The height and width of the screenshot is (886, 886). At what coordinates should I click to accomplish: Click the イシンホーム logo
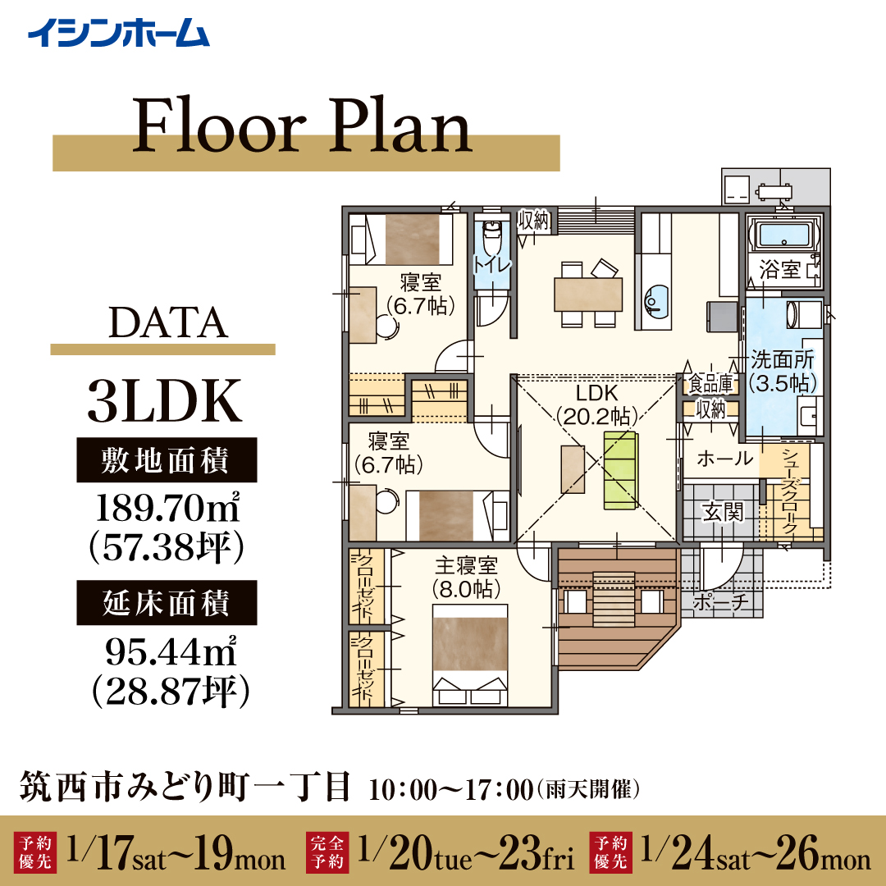tap(119, 33)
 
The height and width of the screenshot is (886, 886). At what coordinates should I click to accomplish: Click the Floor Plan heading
tap(302, 126)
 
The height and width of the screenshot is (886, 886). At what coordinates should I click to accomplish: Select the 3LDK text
tap(164, 401)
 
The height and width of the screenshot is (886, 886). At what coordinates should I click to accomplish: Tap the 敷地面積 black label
tap(167, 460)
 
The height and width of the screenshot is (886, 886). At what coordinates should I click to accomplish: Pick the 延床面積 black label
tap(167, 602)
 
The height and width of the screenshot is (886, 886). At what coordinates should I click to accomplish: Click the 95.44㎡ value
tap(171, 651)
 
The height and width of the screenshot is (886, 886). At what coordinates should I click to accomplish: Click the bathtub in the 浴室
tap(783, 235)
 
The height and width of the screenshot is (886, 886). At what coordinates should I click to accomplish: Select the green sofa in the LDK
tap(620, 471)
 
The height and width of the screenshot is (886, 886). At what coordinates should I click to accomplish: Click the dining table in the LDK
tap(588, 295)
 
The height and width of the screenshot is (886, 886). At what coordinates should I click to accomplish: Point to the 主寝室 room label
tap(466, 565)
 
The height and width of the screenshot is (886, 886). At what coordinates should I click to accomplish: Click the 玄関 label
tap(723, 512)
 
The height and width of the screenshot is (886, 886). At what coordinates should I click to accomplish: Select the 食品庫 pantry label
tap(710, 384)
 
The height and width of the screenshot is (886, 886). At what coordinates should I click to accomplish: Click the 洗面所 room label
tap(783, 359)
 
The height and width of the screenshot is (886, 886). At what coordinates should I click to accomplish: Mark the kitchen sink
tap(656, 300)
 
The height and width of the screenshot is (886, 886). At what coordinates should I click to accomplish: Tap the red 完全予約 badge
tap(327, 852)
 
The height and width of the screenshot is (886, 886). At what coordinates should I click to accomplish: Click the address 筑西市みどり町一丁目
tap(185, 787)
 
